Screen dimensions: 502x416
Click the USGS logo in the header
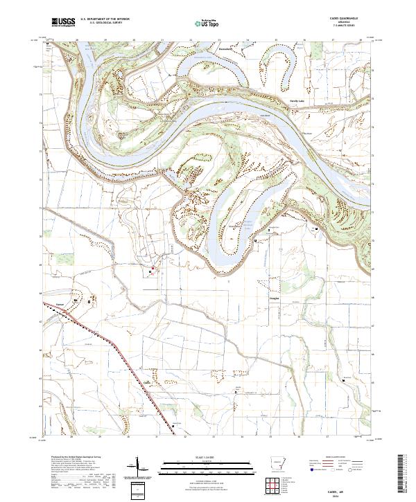(63, 23)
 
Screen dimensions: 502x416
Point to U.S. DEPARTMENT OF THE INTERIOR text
(104, 19)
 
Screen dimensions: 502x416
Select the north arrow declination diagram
(139, 468)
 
